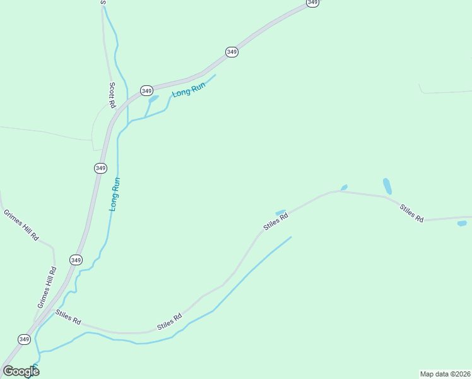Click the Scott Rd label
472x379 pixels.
point(112,95)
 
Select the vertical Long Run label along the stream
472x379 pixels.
point(115,194)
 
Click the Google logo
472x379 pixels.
point(21,371)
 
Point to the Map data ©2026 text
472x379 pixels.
point(445,373)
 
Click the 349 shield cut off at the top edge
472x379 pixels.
point(312,3)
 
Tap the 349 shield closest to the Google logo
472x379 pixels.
point(24,339)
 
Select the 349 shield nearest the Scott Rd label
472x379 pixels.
point(146,90)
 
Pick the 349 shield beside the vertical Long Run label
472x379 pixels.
point(100,167)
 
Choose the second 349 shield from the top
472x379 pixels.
point(232,52)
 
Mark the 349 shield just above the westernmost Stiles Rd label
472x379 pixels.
point(76,260)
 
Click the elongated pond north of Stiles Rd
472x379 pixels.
point(387,186)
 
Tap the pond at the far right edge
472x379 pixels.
point(462,223)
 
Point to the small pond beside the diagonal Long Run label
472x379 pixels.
point(153,99)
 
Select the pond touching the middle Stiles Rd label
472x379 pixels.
point(281,212)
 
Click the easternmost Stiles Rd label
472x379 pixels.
point(411,212)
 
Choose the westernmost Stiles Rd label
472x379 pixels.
point(68,317)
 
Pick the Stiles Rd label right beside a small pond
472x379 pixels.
point(276,221)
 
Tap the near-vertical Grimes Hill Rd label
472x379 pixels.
point(47,287)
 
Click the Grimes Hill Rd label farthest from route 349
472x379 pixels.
point(21,226)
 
